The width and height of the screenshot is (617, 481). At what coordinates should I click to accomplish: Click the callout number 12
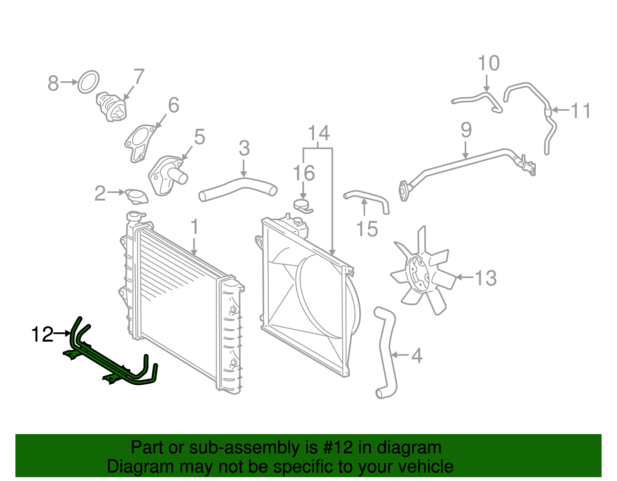pyautogui.click(x=42, y=334)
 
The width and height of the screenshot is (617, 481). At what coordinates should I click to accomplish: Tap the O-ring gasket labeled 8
pyautogui.click(x=88, y=82)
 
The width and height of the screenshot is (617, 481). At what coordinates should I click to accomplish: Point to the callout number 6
pyautogui.click(x=174, y=105)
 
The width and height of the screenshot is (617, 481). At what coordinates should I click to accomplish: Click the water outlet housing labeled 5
pyautogui.click(x=167, y=176)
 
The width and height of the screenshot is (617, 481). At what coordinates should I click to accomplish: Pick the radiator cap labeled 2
pyautogui.click(x=137, y=196)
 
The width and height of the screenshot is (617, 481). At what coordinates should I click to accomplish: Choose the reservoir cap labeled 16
pyautogui.click(x=303, y=206)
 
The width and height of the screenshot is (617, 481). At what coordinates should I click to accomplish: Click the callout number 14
pyautogui.click(x=319, y=133)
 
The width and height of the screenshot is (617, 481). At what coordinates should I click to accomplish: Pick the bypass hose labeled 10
pyautogui.click(x=477, y=101)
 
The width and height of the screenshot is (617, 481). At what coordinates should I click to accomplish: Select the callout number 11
pyautogui.click(x=581, y=111)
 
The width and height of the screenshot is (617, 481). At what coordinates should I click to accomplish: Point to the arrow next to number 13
pyautogui.click(x=465, y=277)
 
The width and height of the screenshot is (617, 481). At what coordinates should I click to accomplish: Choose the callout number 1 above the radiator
pyautogui.click(x=194, y=226)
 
